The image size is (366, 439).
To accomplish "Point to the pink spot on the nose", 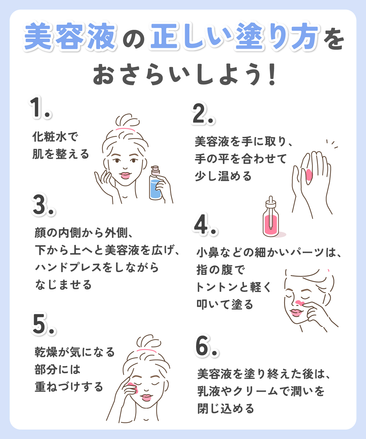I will click(299, 303).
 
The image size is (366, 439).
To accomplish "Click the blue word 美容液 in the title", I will click(70, 37).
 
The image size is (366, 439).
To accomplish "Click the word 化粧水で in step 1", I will click(55, 137).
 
